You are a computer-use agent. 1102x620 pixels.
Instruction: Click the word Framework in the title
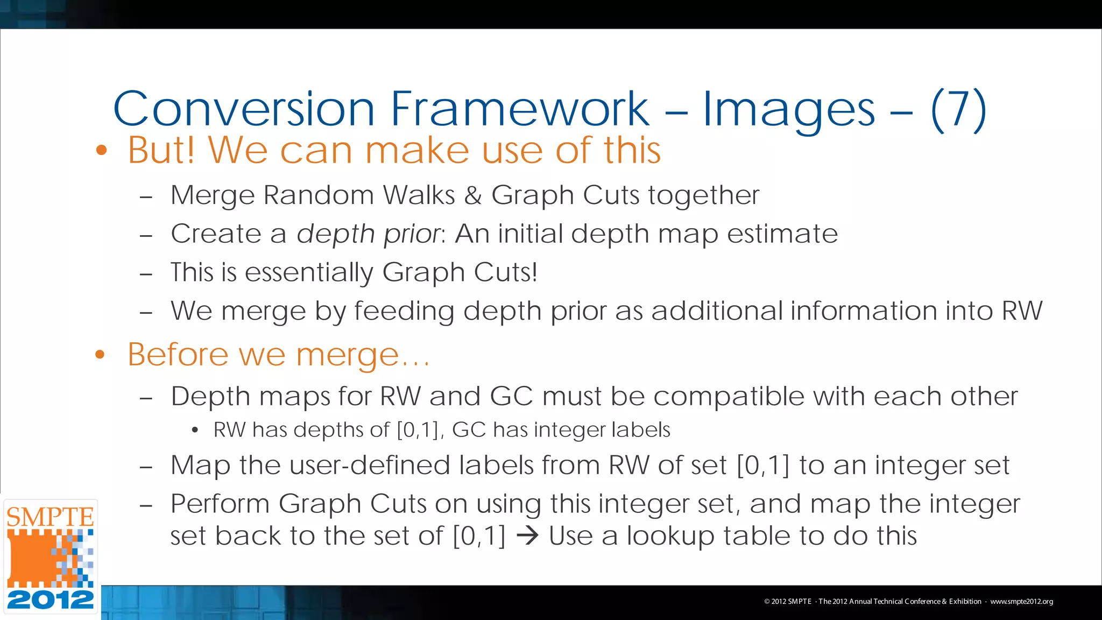[x=519, y=109]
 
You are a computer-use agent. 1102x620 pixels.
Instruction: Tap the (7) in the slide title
[x=958, y=109]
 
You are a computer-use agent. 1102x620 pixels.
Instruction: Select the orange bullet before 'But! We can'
[x=101, y=151]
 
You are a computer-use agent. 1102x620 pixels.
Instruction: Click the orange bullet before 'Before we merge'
[x=100, y=355]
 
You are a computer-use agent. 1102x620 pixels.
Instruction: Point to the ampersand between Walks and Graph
[x=473, y=195]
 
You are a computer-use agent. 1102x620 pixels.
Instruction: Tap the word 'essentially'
[x=309, y=272]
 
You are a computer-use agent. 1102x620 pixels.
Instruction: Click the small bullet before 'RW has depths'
[x=195, y=430]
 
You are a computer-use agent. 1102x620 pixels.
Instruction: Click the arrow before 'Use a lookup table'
[x=527, y=536]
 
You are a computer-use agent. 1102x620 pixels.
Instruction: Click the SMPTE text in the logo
[x=50, y=517]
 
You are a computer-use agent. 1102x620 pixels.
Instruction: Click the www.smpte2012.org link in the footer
[x=1021, y=602]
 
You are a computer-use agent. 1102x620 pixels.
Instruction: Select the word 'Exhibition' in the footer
[x=965, y=602]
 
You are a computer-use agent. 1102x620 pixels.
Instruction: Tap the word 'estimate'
[x=782, y=234]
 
